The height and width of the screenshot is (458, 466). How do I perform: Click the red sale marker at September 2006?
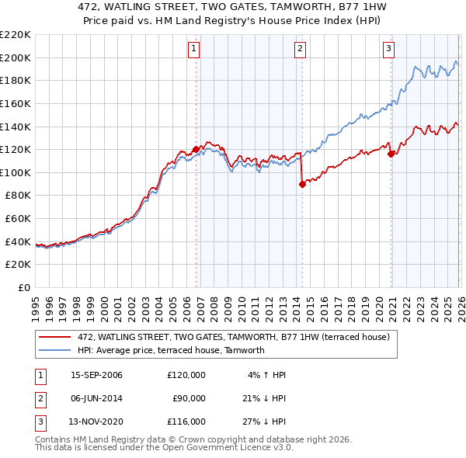point(196,149)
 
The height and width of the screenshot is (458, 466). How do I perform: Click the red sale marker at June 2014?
point(302,184)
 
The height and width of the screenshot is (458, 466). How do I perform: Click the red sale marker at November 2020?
point(391,154)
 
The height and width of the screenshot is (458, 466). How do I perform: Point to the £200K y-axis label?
point(16,57)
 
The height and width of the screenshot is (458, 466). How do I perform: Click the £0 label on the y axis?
point(23,287)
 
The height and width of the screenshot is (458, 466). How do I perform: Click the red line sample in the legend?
point(55,337)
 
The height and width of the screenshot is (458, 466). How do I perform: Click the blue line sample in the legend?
point(55,350)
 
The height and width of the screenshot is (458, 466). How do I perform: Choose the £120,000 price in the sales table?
point(186,375)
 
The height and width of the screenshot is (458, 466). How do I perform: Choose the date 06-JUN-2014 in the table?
point(96,398)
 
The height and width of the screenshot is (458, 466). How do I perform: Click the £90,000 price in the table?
point(189,398)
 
